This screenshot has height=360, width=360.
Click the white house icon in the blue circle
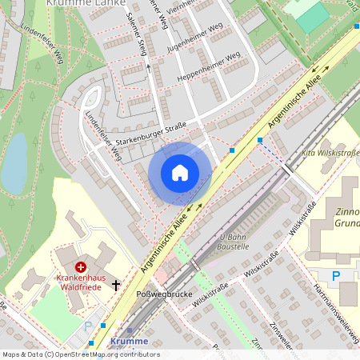click(x=180, y=172)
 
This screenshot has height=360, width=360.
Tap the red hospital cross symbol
click(x=80, y=266)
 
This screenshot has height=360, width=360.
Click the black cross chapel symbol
click(x=116, y=284)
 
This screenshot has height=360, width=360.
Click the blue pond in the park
click(x=15, y=163)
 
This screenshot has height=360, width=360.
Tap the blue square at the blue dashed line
click(x=260, y=141)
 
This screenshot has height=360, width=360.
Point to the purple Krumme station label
click(x=129, y=341)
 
